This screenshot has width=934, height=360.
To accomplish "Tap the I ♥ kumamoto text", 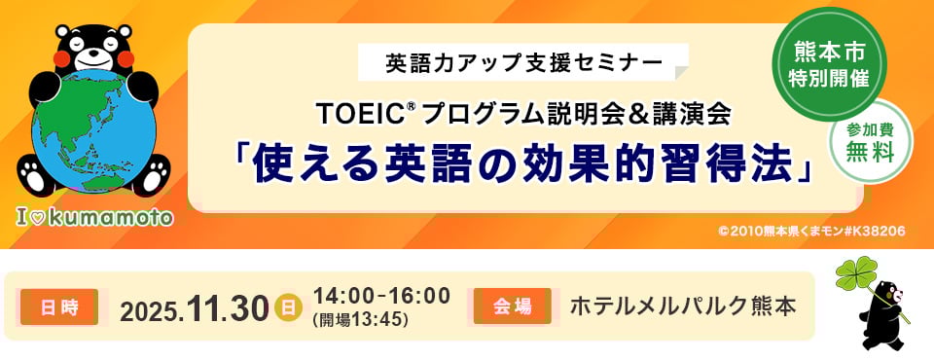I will click(x=94, y=218).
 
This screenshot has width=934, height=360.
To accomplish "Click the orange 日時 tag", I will click(x=59, y=306).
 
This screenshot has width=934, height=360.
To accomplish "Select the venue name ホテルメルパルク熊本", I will click(x=683, y=306).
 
